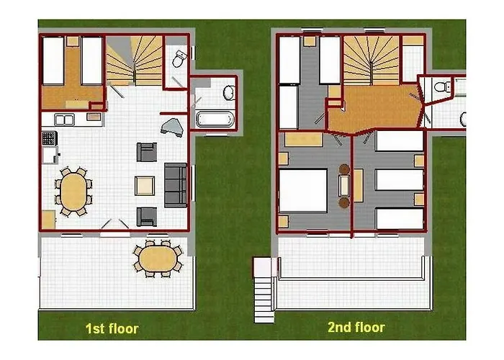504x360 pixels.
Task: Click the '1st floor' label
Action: [112, 328]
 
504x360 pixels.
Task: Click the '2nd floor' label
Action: [356, 327]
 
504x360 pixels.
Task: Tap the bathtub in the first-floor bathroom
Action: [215, 119]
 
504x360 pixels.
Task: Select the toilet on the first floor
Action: [179, 58]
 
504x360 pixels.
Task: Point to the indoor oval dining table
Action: [73, 192]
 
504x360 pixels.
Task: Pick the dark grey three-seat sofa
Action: [176, 185]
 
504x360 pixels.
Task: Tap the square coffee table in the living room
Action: [145, 186]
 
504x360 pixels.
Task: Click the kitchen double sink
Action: [64, 120]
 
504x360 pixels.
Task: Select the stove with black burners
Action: [49, 138]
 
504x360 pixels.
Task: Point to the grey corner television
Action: [172, 127]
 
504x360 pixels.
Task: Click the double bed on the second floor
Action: [303, 190]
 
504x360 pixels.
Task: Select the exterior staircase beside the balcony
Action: [264, 289]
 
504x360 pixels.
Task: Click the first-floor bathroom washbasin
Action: [229, 93]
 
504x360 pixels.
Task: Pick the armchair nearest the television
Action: [147, 152]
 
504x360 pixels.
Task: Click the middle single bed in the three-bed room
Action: [399, 180]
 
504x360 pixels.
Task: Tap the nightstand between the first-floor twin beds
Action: [73, 42]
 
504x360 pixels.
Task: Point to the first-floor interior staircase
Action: [135, 60]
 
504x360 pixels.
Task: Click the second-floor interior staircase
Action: [372, 60]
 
